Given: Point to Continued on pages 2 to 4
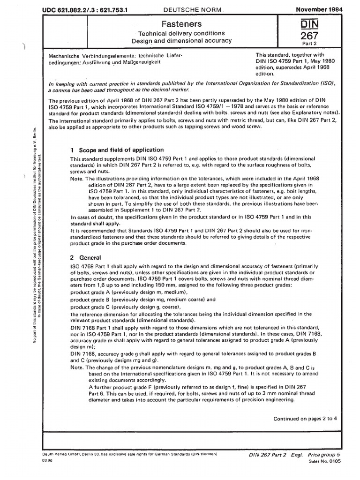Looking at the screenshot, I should (x=305, y=419).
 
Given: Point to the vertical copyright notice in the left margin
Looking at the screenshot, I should (x=38, y=225).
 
